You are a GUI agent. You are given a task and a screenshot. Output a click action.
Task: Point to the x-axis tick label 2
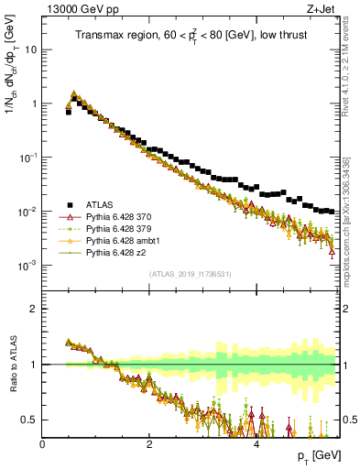click(149, 444)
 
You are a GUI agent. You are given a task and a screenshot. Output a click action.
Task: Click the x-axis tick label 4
click(256, 444)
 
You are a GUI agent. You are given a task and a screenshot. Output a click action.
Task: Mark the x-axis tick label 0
click(42, 444)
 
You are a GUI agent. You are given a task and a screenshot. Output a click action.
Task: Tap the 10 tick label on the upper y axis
click(29, 49)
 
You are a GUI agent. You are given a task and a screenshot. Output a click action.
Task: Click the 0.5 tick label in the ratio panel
click(28, 420)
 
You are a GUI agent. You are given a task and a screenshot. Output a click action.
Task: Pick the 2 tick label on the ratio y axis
click(34, 309)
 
